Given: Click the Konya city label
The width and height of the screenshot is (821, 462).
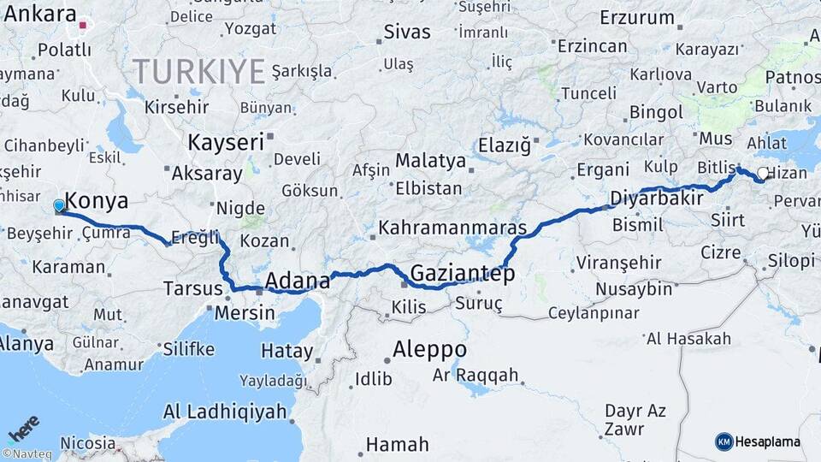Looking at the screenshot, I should [x=97, y=202].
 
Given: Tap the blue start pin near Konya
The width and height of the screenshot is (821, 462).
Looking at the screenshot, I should [x=59, y=206].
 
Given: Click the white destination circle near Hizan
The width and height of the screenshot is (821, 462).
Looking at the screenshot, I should [x=762, y=174].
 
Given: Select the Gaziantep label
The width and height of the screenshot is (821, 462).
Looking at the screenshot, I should [x=463, y=274].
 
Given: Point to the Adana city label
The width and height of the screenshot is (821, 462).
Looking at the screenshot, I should [x=298, y=281].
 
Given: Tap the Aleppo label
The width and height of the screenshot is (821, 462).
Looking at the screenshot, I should [x=430, y=350].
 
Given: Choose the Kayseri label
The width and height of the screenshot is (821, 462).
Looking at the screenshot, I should [x=226, y=142].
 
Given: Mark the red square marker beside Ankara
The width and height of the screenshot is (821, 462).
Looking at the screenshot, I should [x=83, y=25].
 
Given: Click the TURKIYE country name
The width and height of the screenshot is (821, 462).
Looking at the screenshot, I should [x=198, y=71].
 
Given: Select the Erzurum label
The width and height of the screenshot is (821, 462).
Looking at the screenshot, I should [x=637, y=17].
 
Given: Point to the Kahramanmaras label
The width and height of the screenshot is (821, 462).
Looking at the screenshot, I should [x=452, y=228].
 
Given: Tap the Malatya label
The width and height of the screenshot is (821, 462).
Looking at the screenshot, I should [x=430, y=161].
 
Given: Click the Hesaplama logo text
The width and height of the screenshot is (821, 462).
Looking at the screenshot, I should [x=767, y=442].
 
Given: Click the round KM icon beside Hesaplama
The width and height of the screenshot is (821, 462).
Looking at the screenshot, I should [x=724, y=442].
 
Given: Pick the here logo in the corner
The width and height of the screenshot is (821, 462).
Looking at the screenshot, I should [x=24, y=427].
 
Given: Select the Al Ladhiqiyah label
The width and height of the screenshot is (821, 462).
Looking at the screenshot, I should [x=225, y=412].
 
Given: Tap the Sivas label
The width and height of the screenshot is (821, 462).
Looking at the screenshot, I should [x=406, y=33].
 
